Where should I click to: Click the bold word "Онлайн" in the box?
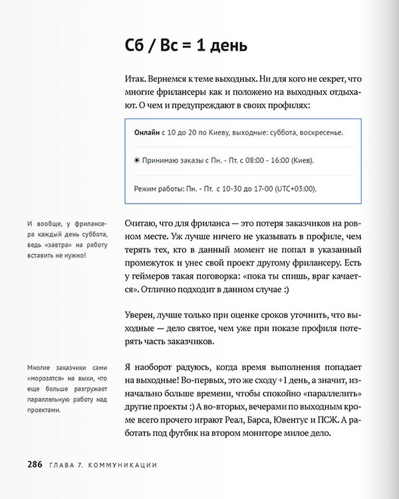(x=147, y=133)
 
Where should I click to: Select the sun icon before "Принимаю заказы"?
(x=137, y=160)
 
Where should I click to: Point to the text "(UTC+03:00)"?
(x=293, y=188)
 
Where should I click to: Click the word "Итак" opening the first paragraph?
(x=136, y=78)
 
